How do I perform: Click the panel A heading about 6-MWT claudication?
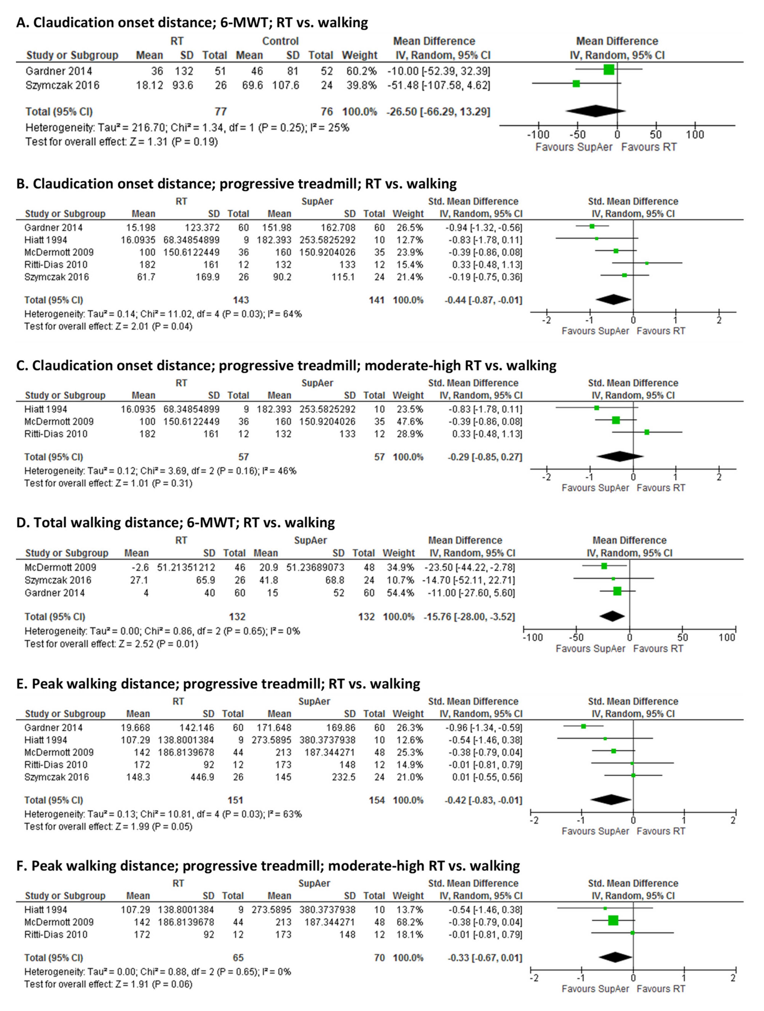[192, 22]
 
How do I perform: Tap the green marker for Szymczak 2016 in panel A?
[576, 84]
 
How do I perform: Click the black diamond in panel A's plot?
[595, 111]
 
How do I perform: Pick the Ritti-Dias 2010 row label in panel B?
[56, 265]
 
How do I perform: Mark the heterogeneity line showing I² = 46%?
[160, 471]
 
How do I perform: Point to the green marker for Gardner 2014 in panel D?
[617, 591]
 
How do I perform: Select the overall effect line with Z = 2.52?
[111, 644]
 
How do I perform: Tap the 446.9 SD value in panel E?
[202, 777]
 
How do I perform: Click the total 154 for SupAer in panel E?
[377, 800]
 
